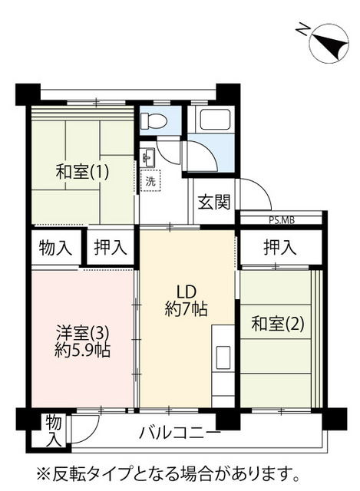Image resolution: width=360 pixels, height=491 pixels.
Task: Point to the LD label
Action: point(187,292)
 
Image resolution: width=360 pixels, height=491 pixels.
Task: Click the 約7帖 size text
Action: point(187,310)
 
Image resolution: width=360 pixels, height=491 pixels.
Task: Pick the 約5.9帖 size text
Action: point(82,351)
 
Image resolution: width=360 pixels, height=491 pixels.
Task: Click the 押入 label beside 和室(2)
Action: point(279,248)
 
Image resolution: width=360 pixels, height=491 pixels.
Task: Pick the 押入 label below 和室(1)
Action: point(110,248)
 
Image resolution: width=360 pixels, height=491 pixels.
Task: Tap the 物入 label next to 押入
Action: point(55,248)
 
